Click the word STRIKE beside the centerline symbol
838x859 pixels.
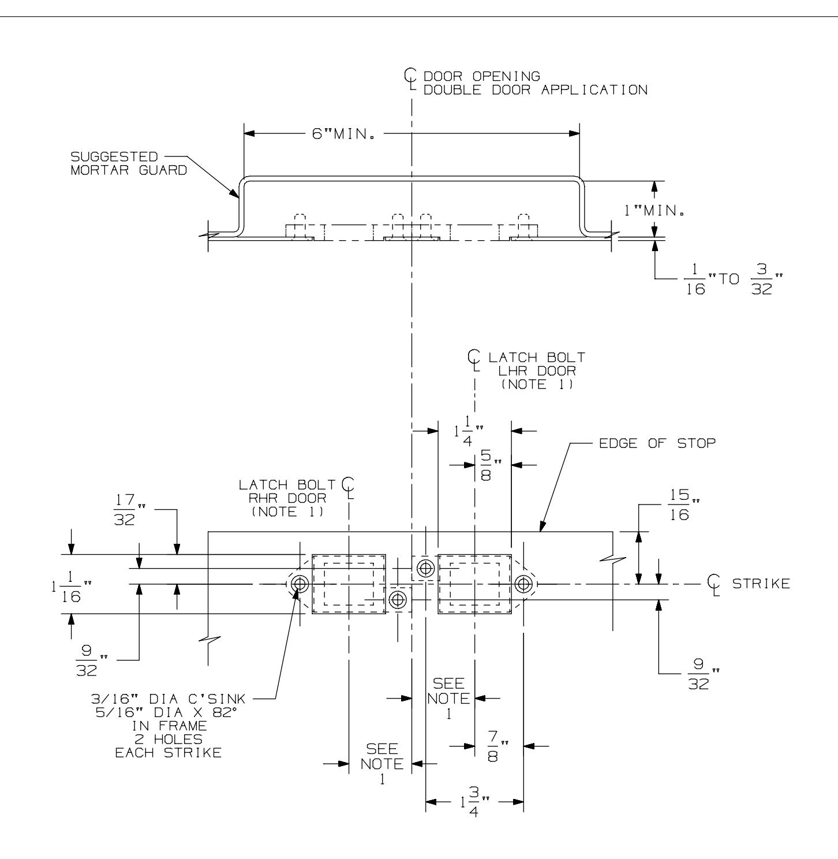click(x=761, y=584)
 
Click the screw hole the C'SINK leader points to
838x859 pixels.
click(x=299, y=584)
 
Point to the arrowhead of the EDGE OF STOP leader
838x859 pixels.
click(x=541, y=529)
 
